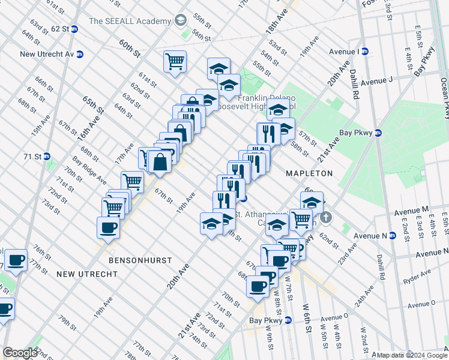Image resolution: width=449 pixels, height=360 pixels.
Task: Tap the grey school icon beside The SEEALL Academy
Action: tap(179, 21)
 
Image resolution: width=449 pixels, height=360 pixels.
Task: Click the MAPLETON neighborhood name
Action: tap(310, 173)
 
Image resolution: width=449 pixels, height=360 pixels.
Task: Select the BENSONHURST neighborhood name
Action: tap(140, 261)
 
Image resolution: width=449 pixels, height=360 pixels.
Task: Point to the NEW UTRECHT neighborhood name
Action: tap(83, 274)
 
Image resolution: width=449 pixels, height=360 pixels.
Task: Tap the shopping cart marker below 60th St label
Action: tap(175, 61)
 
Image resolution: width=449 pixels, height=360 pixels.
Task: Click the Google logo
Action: tap(20, 353)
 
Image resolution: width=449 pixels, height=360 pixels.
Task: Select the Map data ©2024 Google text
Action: tap(412, 355)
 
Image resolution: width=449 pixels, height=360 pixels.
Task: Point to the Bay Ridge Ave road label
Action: tap(89, 171)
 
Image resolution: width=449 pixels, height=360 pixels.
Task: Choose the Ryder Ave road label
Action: tap(418, 277)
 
